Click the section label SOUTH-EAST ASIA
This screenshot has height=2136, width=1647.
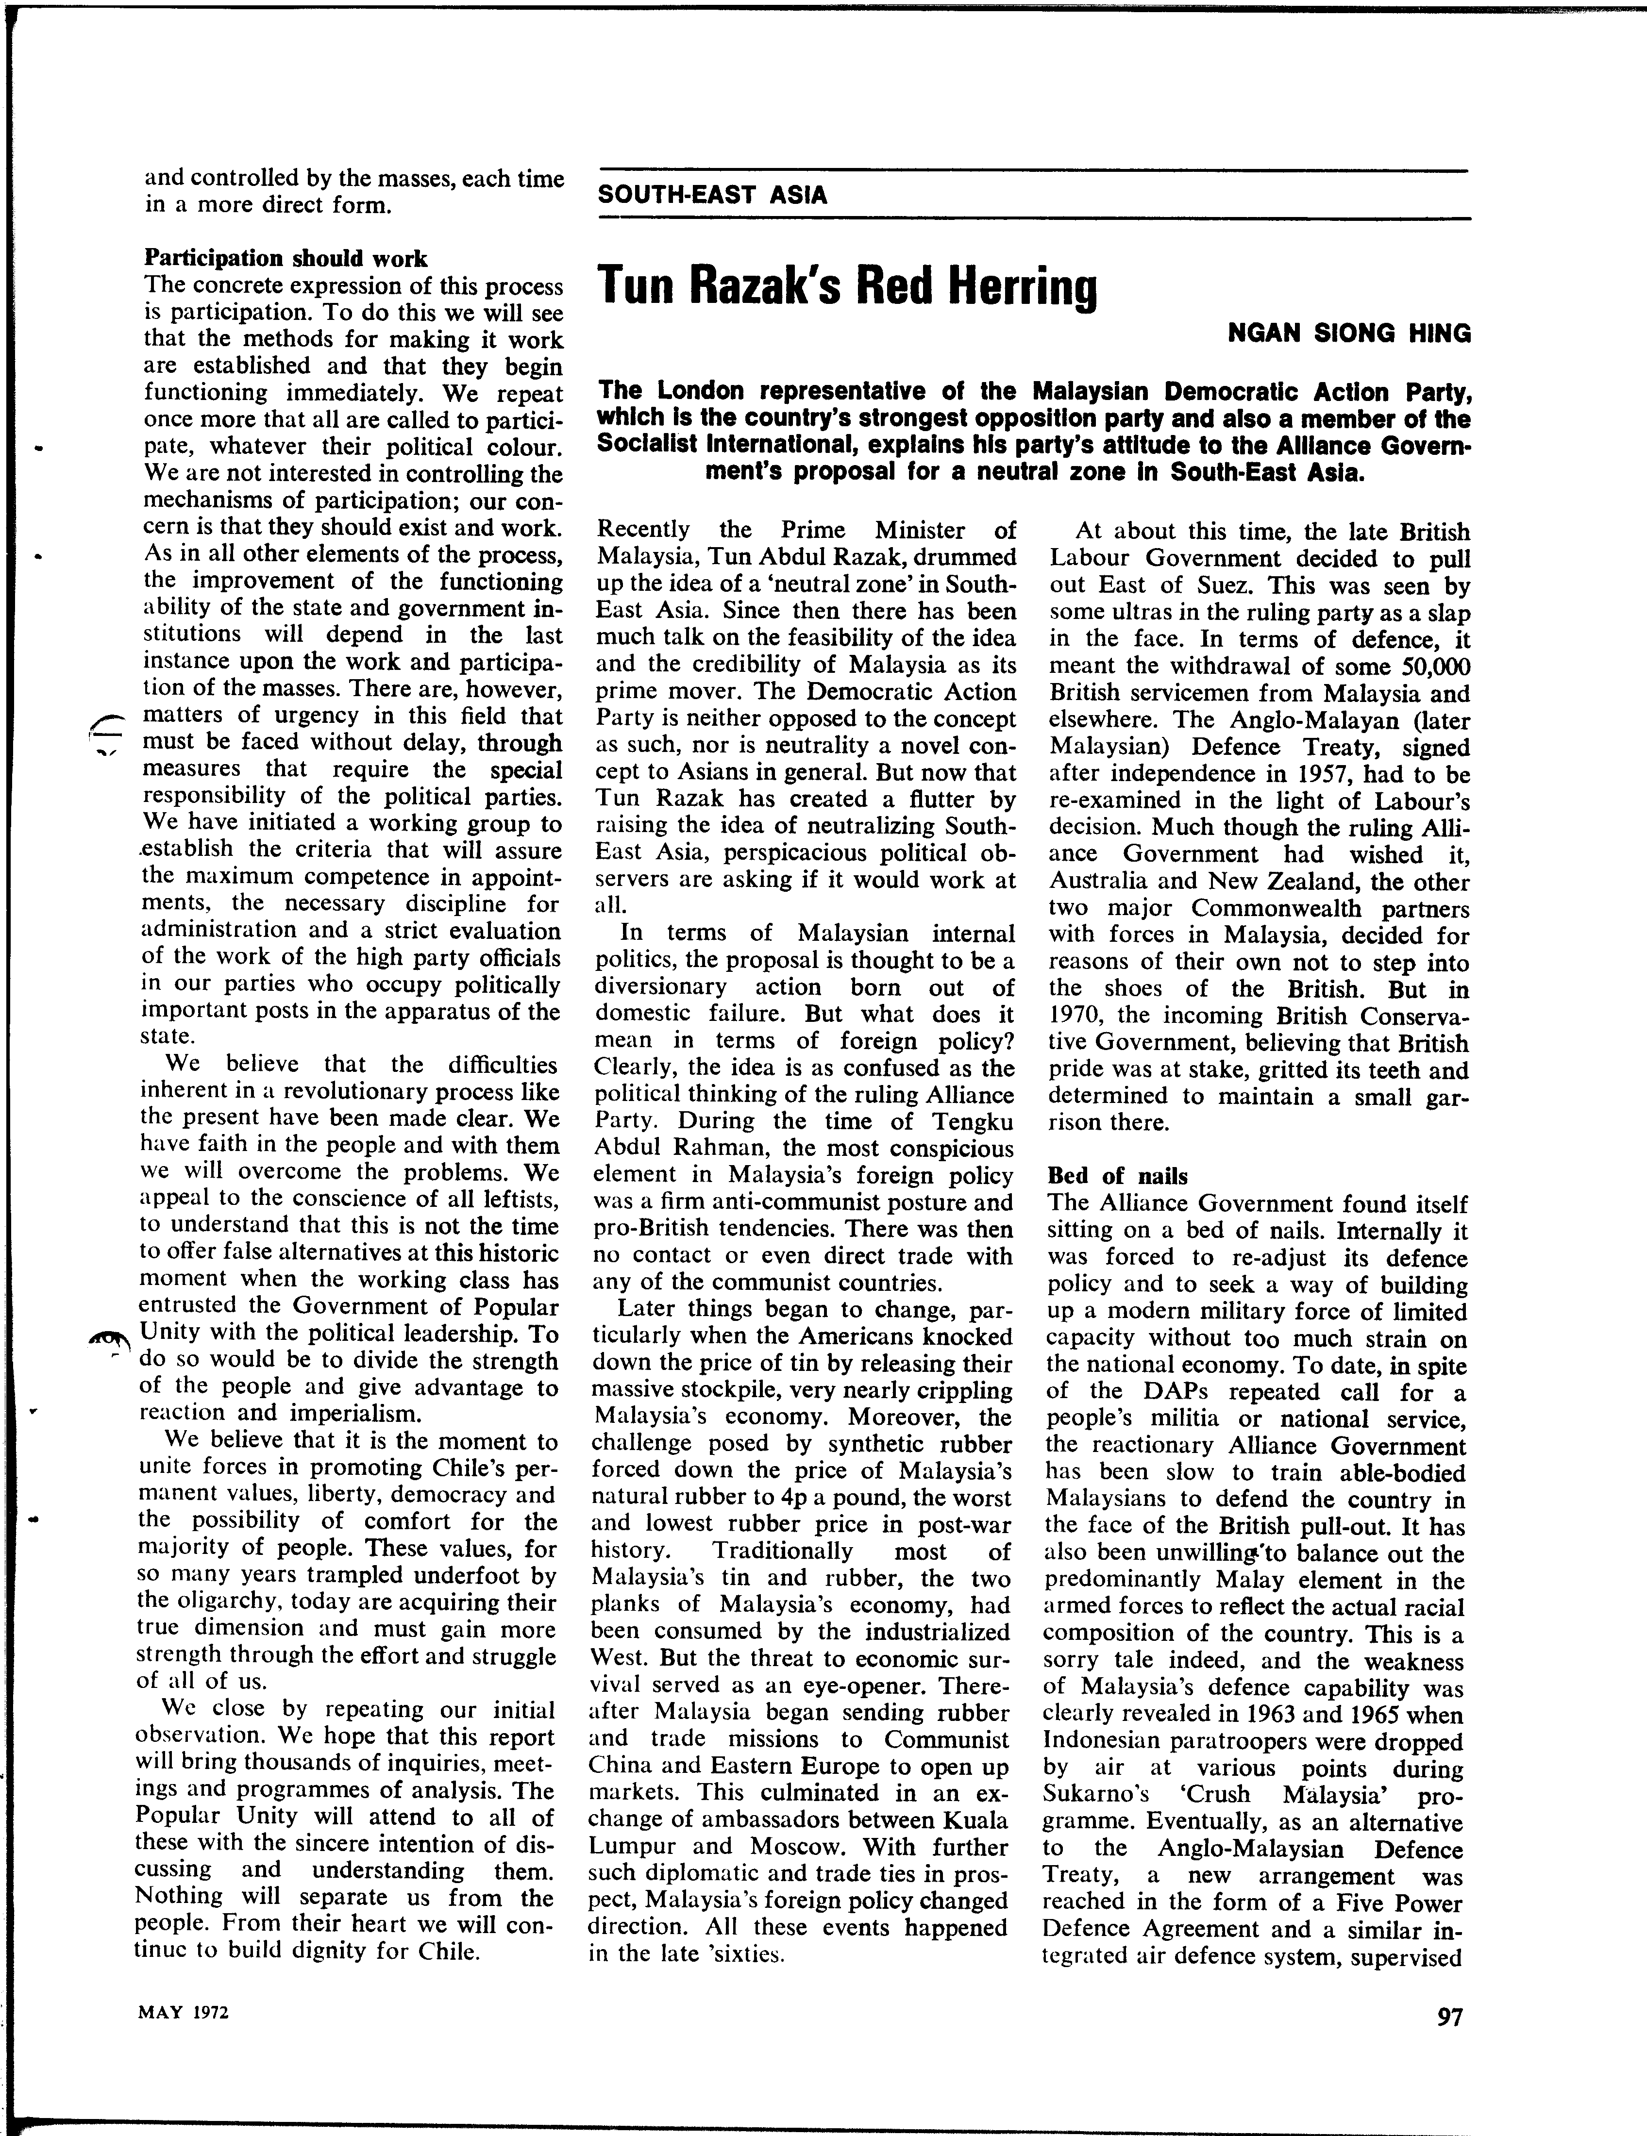pos(712,195)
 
